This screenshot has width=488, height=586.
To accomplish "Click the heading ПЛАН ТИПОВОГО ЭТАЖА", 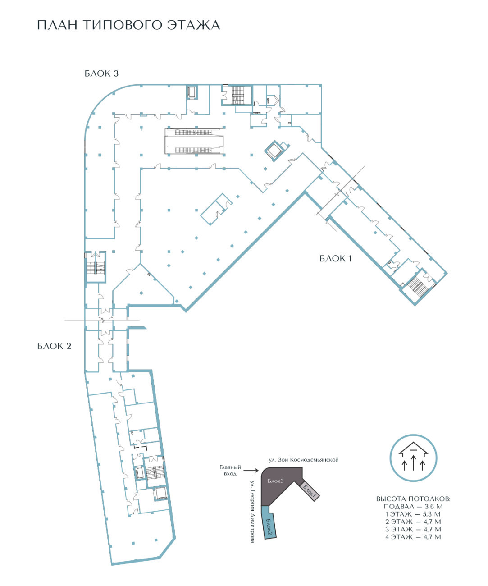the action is point(128,25).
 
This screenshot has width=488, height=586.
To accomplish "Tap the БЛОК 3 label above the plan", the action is point(101,73).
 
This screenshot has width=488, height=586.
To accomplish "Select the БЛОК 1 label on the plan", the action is point(335,258).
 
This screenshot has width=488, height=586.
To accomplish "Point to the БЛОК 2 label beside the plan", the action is point(54,346).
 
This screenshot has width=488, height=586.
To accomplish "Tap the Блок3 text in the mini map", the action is point(275,481).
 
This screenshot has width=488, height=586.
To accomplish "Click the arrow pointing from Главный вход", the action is point(251,470).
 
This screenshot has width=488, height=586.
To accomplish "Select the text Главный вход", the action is point(230,470).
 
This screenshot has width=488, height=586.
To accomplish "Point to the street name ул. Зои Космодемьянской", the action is point(304,460).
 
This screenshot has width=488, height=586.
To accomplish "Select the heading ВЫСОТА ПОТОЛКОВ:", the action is point(413,499).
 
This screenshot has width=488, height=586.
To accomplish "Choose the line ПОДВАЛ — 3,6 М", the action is point(413,507).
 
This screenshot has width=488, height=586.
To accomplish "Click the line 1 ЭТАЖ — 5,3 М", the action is point(413,514).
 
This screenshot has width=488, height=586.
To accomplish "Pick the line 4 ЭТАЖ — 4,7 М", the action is point(413,537).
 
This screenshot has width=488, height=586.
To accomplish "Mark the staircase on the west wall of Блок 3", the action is point(96,267).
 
